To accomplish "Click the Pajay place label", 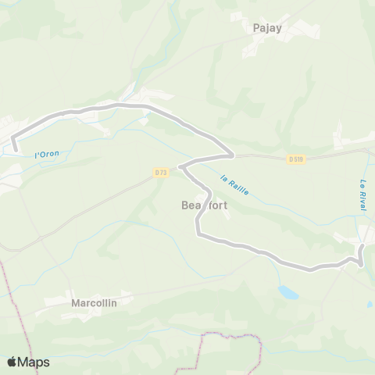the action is pyautogui.click(x=267, y=27).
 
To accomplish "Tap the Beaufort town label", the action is pyautogui.click(x=205, y=205).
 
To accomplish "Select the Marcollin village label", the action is pyautogui.click(x=94, y=302).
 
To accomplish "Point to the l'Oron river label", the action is pyautogui.click(x=47, y=154).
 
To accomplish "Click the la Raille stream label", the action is pyautogui.click(x=234, y=184).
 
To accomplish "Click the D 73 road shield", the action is pyautogui.click(x=161, y=172).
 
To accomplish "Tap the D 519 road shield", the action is pyautogui.click(x=295, y=159).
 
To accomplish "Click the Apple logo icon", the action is pyautogui.click(x=12, y=362).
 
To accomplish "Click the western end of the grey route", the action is pyautogui.click(x=15, y=146).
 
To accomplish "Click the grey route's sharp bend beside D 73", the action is pyautogui.click(x=180, y=166).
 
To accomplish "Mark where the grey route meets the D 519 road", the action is pyautogui.click(x=232, y=154).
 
